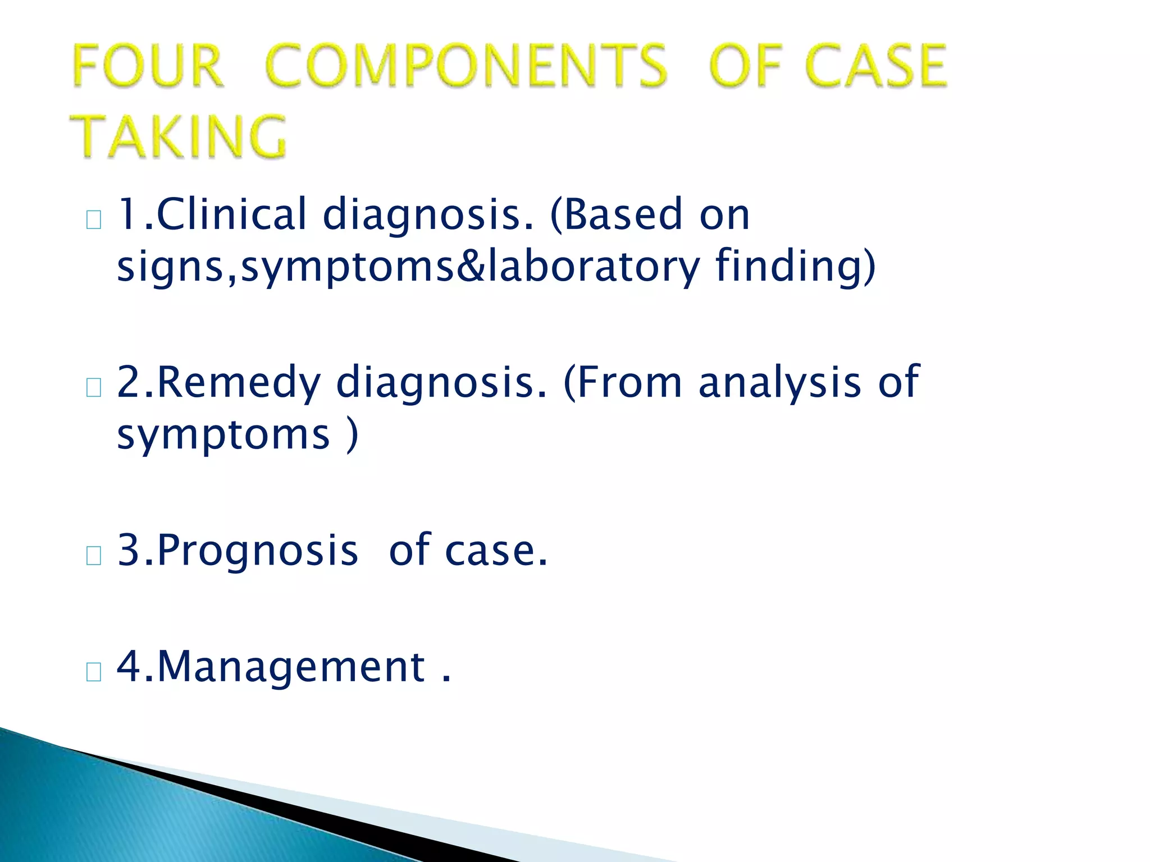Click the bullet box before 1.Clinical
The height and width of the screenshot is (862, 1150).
coord(94,220)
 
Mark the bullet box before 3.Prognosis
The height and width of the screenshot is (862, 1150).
coord(94,556)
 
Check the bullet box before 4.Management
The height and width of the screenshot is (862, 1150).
coord(94,672)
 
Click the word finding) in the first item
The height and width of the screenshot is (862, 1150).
coord(795,266)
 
